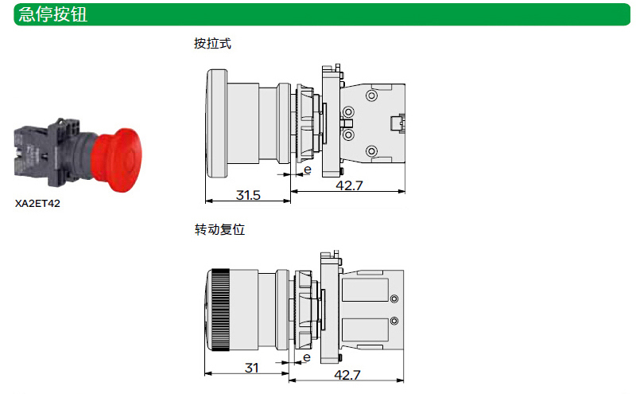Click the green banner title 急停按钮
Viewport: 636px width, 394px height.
[x=52, y=14]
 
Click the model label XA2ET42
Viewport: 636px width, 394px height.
[x=37, y=203]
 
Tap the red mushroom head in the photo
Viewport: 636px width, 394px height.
[x=116, y=160]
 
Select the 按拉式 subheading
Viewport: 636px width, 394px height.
[x=212, y=44]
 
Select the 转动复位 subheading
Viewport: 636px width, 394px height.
[x=219, y=229]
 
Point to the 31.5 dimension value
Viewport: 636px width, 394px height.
[x=248, y=195]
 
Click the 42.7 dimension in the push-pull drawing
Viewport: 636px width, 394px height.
[x=349, y=185]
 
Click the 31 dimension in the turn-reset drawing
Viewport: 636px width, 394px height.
[x=252, y=368]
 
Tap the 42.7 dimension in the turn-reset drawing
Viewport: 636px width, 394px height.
[x=347, y=375]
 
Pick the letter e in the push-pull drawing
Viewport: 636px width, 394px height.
[x=308, y=170]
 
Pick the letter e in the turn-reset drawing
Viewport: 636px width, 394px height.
[x=307, y=357]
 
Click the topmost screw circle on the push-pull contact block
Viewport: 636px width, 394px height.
[x=371, y=96]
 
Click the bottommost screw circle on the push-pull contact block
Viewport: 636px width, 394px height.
[x=371, y=151]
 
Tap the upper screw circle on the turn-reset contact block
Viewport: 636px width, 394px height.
[x=394, y=299]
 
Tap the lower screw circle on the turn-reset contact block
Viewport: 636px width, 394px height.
[x=394, y=321]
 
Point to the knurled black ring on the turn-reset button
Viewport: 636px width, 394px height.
[x=220, y=310]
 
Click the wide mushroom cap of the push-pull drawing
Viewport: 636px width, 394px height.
[x=216, y=123]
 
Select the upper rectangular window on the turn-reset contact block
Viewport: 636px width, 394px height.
[x=365, y=289]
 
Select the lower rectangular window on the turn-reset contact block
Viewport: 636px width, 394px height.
[x=365, y=330]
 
